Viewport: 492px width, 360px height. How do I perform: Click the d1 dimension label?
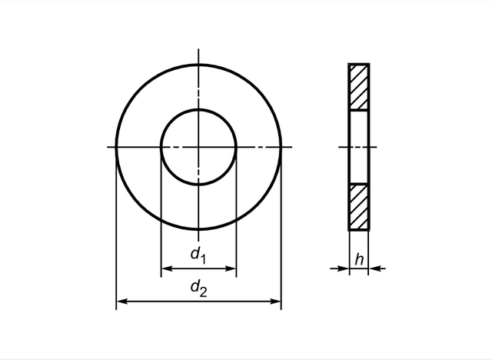[198, 254]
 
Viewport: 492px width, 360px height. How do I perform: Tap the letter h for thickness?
[359, 260]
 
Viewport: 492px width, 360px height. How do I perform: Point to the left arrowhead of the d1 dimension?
[165, 269]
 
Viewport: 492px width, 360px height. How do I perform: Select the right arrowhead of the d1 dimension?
[231, 269]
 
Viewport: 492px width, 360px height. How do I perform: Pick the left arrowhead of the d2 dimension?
[121, 302]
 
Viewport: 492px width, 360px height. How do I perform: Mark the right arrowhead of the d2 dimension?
[277, 302]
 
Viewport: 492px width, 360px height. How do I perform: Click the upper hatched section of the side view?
[359, 87]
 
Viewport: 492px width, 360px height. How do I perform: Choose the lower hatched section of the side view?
[359, 205]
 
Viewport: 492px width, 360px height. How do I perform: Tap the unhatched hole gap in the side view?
[359, 146]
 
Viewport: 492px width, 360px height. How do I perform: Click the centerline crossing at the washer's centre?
[198, 146]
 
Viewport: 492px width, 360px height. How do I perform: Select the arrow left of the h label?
[344, 268]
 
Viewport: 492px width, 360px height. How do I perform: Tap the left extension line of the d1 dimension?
[161, 223]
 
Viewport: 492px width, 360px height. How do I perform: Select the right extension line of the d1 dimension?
[236, 223]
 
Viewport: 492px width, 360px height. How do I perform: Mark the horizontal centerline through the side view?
[342, 146]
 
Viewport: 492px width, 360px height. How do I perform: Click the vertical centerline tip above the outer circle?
[198, 55]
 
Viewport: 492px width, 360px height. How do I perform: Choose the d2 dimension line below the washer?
[154, 302]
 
